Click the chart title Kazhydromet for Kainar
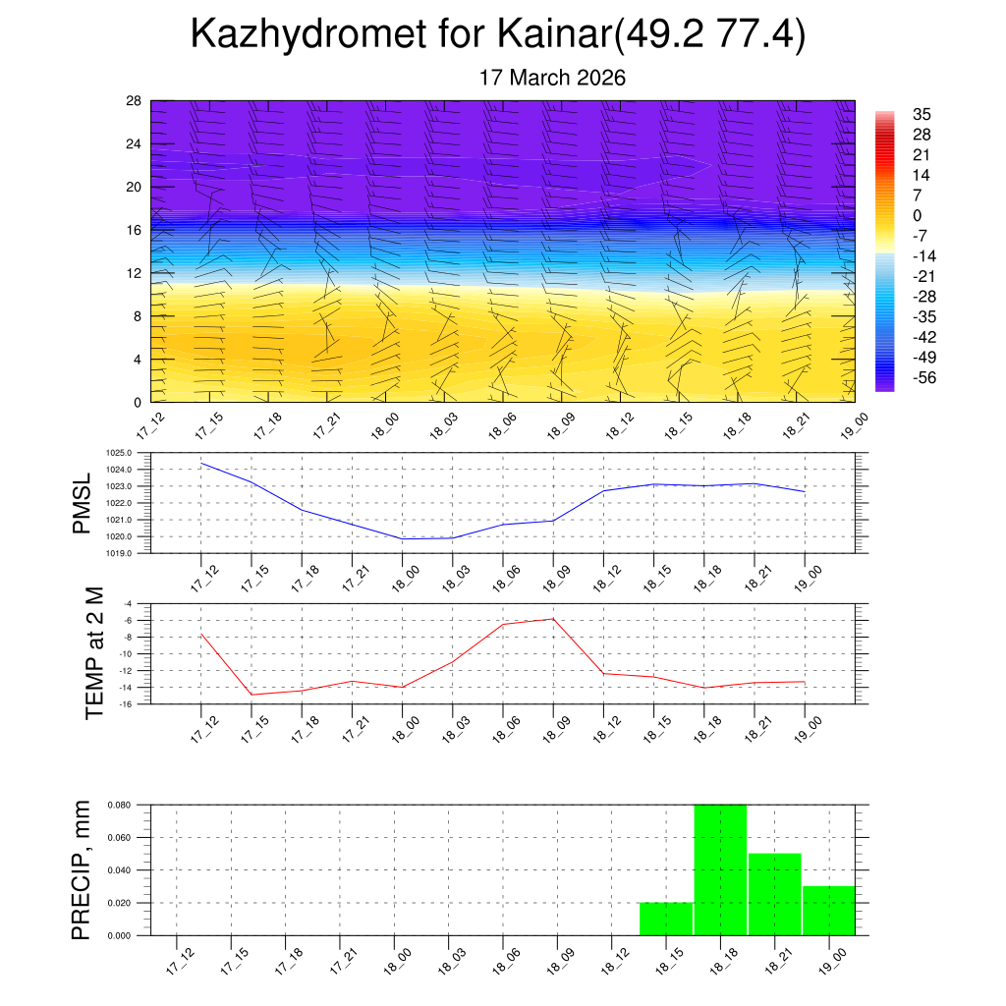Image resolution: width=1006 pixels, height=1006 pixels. tap(498, 34)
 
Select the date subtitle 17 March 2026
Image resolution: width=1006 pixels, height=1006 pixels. tap(552, 78)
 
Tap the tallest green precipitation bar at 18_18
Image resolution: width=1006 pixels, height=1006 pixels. tap(720, 869)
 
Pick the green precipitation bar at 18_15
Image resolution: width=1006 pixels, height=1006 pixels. tap(666, 919)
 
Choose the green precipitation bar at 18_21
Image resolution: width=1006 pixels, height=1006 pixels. tap(774, 894)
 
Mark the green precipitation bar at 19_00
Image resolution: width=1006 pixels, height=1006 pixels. tap(828, 911)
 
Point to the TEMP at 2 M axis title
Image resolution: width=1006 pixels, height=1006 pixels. tap(94, 653)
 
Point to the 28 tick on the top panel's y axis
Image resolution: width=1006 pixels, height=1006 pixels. tap(135, 100)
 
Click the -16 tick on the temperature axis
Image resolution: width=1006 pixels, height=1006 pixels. tap(127, 703)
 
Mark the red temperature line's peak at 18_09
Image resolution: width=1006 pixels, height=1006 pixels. tap(553, 618)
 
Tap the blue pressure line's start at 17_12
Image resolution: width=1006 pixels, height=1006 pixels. tap(201, 463)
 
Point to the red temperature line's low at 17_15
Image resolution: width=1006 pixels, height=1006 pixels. tap(251, 695)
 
